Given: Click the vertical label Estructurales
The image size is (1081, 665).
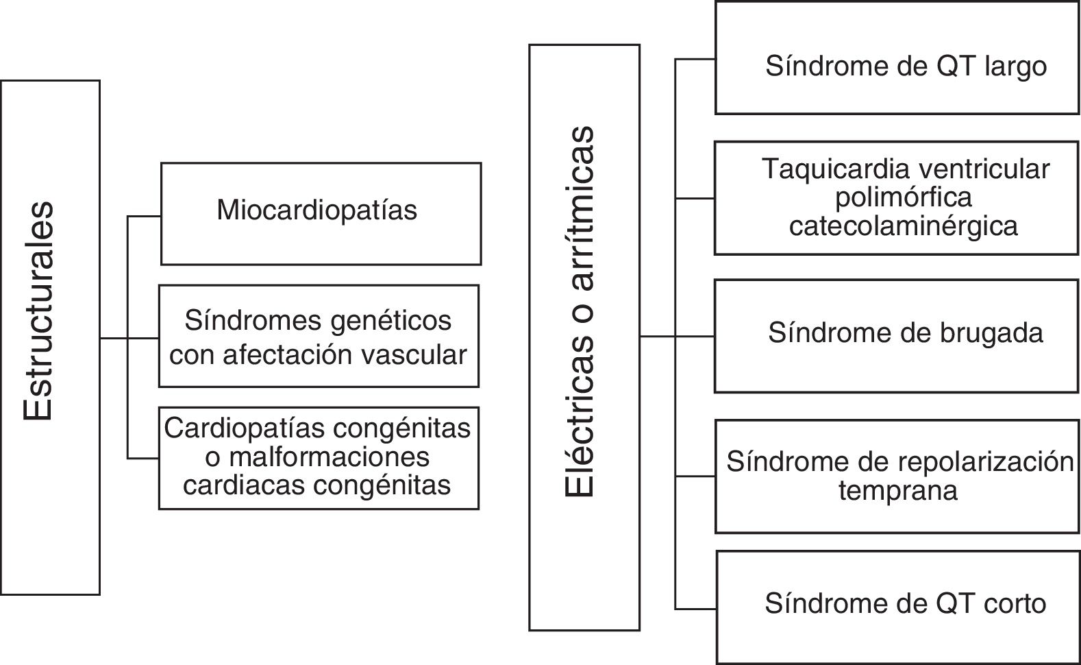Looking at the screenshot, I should pyautogui.click(x=38, y=311).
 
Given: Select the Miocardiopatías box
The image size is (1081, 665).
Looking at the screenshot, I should pyautogui.click(x=321, y=213).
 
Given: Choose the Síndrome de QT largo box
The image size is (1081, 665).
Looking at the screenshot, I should pyautogui.click(x=896, y=58).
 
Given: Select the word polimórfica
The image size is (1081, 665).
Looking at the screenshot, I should pyautogui.click(x=904, y=197).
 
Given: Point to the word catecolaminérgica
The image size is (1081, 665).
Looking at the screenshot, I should pyautogui.click(x=904, y=226).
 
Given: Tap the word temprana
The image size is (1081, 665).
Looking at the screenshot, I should pyautogui.click(x=897, y=491).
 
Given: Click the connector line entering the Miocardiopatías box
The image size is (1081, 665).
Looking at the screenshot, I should pyautogui.click(x=144, y=217).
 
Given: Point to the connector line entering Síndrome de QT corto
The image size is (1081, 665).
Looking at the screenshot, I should pyautogui.click(x=695, y=609).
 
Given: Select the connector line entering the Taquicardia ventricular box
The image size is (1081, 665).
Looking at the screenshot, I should pyautogui.click(x=695, y=199).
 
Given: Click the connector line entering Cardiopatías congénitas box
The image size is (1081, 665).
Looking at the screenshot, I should pyautogui.click(x=143, y=458).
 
